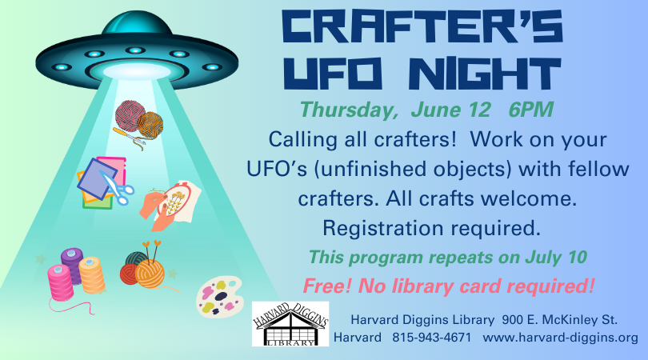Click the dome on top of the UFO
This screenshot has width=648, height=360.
coord(137,23)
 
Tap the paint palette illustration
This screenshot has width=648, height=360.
coord(219,297)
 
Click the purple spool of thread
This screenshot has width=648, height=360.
coord(72,264)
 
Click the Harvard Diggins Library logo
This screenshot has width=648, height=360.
coord(290,324)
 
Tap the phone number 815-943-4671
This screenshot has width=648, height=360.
coord(431,338)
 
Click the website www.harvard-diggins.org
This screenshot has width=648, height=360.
coord(560,338)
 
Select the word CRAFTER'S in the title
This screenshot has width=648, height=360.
coord(422,26)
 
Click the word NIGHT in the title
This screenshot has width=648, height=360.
coord(488,73)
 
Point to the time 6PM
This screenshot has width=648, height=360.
coord(530,110)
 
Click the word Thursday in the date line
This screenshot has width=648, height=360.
coord(348,110)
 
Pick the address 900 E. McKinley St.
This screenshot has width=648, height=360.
coord(559,320)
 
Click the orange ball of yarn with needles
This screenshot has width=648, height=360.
coord(150,273)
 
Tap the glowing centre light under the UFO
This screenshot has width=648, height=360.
coord(137,71)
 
